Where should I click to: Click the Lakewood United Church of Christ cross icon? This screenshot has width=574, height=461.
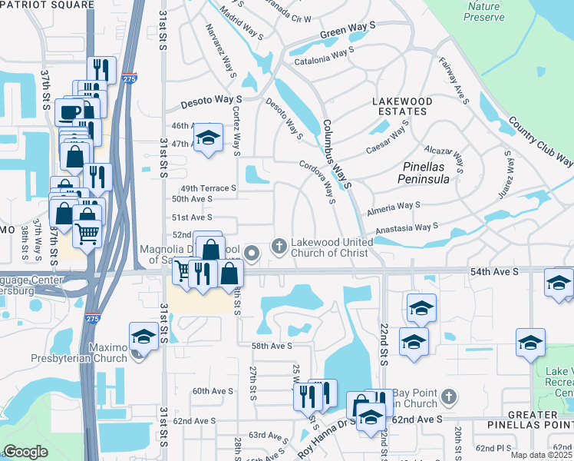[x=279, y=247]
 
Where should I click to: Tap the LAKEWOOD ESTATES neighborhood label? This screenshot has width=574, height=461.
[x=402, y=106]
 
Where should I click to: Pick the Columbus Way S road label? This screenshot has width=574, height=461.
[x=336, y=154]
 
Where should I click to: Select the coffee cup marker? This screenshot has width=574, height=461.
[x=69, y=111]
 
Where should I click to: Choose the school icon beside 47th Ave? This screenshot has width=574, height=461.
[x=207, y=138]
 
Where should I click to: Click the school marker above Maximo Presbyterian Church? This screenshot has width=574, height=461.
[x=143, y=336]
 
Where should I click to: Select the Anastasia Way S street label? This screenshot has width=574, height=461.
[x=407, y=228]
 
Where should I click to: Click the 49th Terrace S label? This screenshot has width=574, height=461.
[x=207, y=188]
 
